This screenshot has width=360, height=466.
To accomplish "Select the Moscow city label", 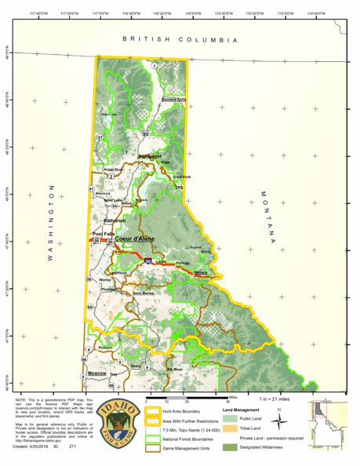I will (97, 372).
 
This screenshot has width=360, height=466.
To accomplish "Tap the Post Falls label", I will (103, 234).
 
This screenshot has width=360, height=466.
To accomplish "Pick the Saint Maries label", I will (143, 293).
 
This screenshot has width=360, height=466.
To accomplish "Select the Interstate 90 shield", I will (148, 260).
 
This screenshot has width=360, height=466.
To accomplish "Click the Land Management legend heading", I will (245, 410).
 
